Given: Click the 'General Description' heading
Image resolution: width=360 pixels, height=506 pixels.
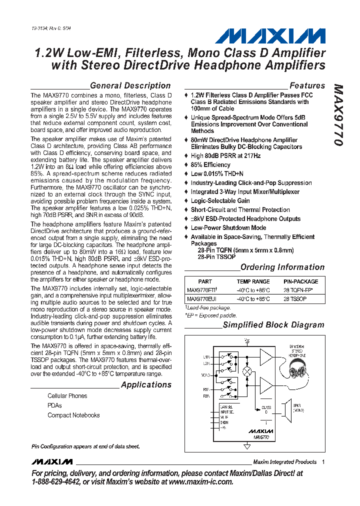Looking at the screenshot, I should tap(130, 85).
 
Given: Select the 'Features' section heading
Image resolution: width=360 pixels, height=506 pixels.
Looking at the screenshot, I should tap(307, 85).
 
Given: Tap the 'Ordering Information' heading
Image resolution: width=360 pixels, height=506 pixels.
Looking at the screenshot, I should tap(282, 267).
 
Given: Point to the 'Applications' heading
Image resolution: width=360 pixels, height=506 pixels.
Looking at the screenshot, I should tap(146, 384).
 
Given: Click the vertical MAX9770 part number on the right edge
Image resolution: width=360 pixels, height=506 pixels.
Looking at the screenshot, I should tap(338, 115).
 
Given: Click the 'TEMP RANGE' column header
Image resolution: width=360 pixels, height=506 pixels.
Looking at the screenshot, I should tap(253, 281).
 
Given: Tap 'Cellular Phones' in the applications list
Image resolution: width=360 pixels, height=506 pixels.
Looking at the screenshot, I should tap(67, 396).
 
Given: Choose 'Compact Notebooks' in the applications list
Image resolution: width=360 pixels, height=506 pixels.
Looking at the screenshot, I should tap(73, 415).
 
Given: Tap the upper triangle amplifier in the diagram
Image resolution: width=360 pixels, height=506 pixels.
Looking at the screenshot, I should tap(266, 358).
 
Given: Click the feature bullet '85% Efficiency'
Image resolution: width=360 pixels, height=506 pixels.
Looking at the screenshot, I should tap(210, 164).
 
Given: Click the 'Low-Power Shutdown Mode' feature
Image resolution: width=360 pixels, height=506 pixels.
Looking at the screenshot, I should tap(228, 227).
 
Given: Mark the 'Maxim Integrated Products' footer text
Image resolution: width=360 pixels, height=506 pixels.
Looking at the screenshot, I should tap(284, 461).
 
